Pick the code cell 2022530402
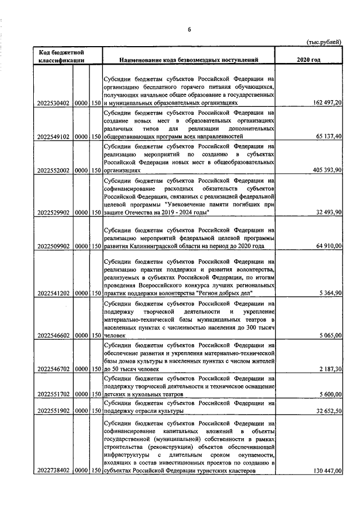52,103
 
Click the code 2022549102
52,136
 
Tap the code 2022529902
52,213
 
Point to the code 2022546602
52,335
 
